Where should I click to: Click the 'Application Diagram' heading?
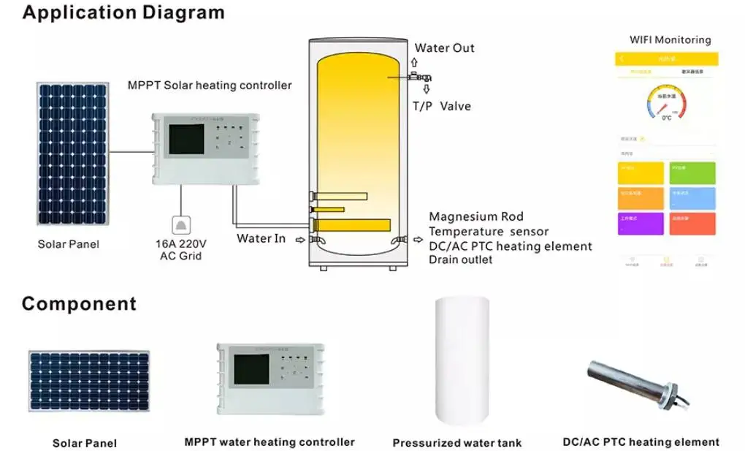pyautogui.click(x=123, y=12)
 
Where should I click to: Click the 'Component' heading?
pyautogui.click(x=79, y=303)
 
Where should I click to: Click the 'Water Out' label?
pyautogui.click(x=444, y=48)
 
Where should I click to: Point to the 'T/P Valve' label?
pyautogui.click(x=441, y=106)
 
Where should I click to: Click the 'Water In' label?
pyautogui.click(x=261, y=238)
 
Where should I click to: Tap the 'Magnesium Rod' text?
pyautogui.click(x=475, y=216)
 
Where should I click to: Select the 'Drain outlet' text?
pyautogui.click(x=460, y=259)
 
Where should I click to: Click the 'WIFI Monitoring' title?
pyautogui.click(x=670, y=40)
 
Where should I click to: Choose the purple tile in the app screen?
pyautogui.click(x=641, y=223)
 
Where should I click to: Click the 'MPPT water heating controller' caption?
pyautogui.click(x=270, y=441)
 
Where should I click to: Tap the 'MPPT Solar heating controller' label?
pyautogui.click(x=210, y=86)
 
